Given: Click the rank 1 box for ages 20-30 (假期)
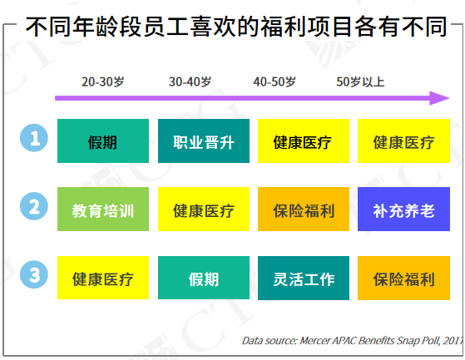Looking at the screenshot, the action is (x=103, y=141).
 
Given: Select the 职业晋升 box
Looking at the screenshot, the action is (x=204, y=141).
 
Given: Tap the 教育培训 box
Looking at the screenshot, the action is (x=103, y=209).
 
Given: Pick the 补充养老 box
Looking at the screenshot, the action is (x=403, y=209).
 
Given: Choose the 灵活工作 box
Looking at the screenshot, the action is (x=304, y=278).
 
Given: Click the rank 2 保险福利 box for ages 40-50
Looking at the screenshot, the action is (x=304, y=209).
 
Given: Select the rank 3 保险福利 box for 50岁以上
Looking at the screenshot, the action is (x=403, y=278).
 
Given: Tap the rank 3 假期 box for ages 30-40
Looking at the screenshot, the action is (x=204, y=278).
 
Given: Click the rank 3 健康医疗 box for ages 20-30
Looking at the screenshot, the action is (x=103, y=278).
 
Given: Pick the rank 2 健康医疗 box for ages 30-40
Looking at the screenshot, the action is (x=204, y=209).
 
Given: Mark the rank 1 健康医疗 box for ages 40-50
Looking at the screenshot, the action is (x=304, y=141).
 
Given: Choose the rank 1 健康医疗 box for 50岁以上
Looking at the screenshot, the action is (x=403, y=141).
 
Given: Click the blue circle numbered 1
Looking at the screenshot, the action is (x=34, y=138).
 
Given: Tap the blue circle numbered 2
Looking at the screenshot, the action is (x=34, y=206).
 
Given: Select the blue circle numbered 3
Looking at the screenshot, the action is (x=34, y=274).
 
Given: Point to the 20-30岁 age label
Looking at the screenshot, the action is (x=102, y=81).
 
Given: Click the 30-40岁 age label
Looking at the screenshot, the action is (x=190, y=81).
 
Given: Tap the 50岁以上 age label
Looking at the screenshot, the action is (x=360, y=81).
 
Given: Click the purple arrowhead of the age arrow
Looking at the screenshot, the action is (x=439, y=98).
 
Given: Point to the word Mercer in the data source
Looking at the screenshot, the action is (x=315, y=341).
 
